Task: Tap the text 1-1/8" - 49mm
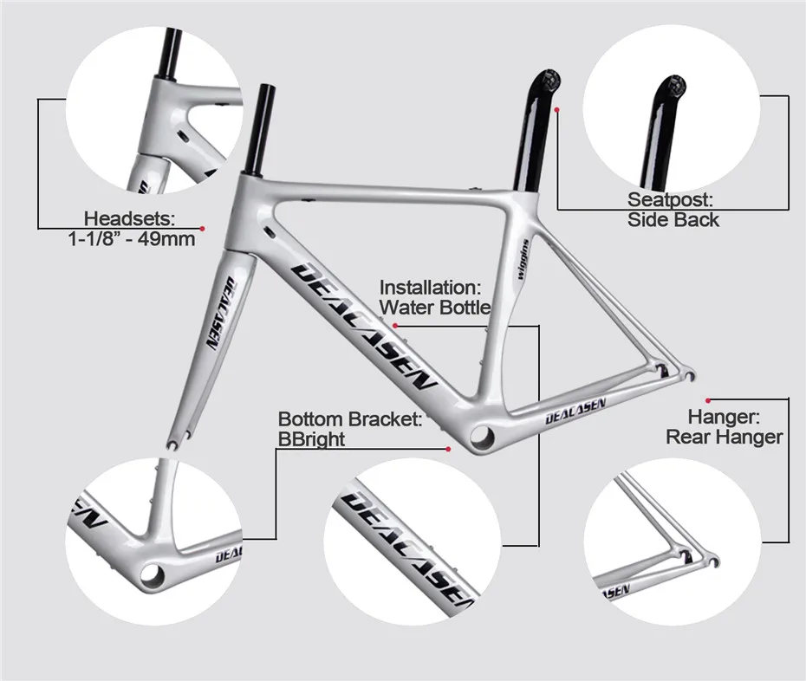point(131,239)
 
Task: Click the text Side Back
point(673,220)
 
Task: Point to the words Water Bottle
point(436,307)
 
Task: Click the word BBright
point(311,439)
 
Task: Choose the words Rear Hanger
point(724,437)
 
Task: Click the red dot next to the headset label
point(202,228)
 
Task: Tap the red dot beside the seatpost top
point(557,110)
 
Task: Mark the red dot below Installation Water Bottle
point(395,325)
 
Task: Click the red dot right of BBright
point(448,449)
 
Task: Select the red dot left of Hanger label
point(708,399)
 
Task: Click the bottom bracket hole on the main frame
point(482,432)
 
